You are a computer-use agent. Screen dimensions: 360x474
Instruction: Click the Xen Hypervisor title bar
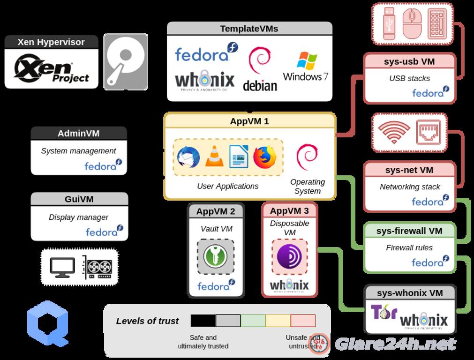[x=51, y=42]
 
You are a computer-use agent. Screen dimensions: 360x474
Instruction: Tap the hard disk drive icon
[x=125, y=61]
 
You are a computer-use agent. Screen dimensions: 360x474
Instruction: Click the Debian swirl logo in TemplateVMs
[x=259, y=69]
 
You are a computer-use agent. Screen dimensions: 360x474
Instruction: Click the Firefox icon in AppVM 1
[x=265, y=157]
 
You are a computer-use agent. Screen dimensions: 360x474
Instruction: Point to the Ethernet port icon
[x=428, y=132]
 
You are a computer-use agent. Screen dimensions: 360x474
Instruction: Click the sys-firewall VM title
[x=409, y=231]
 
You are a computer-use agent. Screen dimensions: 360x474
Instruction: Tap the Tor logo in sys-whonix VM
[x=384, y=313]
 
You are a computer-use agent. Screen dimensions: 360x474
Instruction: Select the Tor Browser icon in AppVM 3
[x=289, y=256]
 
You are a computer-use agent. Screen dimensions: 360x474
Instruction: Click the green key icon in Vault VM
[x=215, y=256]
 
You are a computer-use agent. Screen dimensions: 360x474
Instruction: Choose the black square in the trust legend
[x=203, y=321]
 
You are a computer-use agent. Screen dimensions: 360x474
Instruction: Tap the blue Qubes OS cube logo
[x=48, y=322]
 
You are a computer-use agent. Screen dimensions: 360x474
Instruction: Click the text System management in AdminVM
[x=78, y=151]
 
